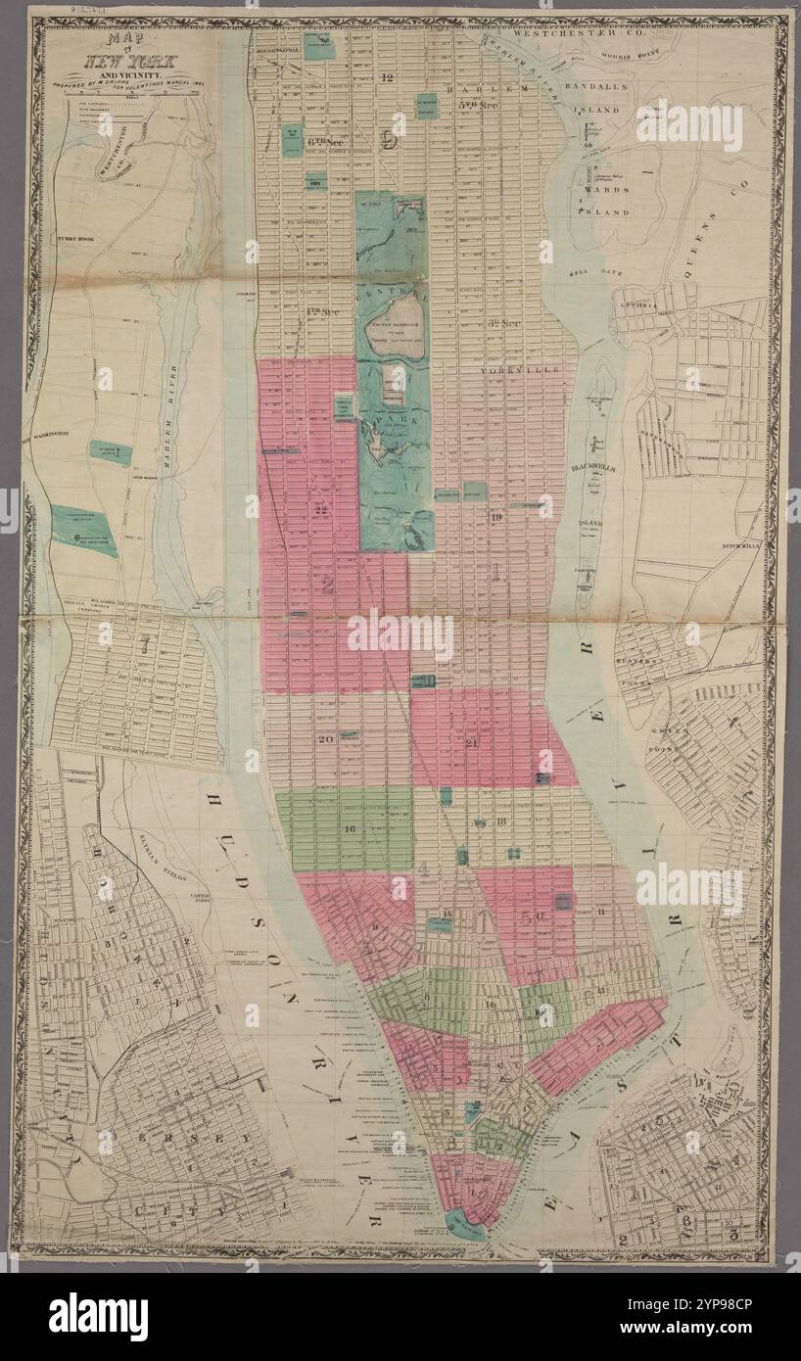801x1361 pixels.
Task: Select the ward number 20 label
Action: (x=327, y=738)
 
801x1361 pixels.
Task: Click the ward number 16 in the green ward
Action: (x=350, y=829)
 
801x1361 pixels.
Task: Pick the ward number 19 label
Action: (x=496, y=517)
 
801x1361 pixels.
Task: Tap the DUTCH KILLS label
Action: (x=741, y=544)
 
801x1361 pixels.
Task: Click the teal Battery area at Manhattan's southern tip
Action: (x=464, y=1224)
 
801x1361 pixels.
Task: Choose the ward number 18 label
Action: (x=500, y=821)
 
